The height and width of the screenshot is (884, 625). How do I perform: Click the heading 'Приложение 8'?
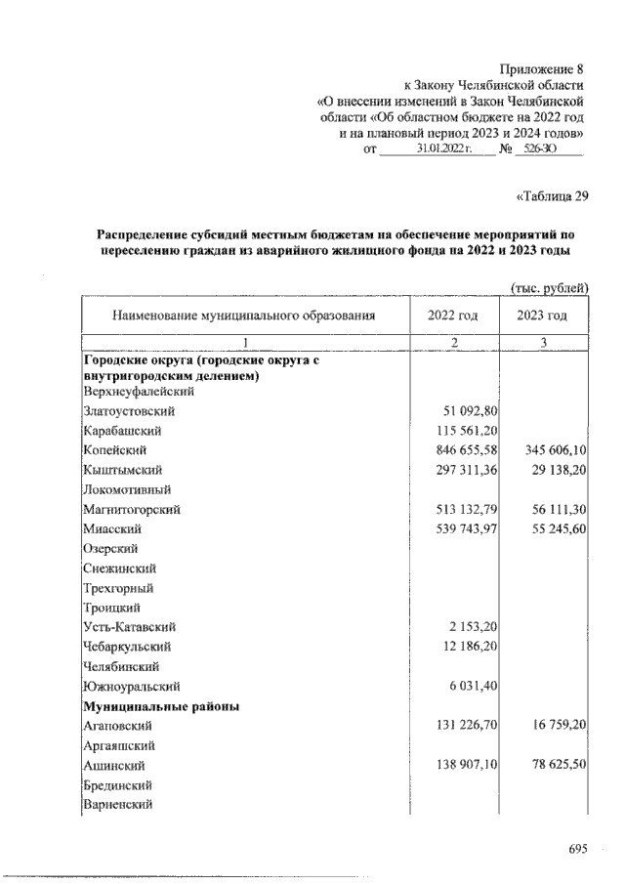point(541,69)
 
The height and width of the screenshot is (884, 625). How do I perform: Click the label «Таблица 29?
point(551,195)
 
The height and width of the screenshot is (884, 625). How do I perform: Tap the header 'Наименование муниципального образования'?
point(243,316)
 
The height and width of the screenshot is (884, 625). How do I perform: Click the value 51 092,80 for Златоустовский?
point(466,411)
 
